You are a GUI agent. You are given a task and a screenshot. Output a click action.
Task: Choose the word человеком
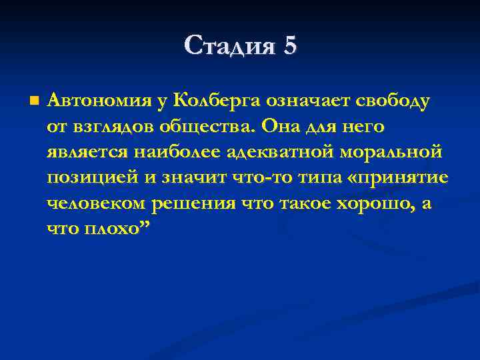pyautogui.click(x=97, y=203)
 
